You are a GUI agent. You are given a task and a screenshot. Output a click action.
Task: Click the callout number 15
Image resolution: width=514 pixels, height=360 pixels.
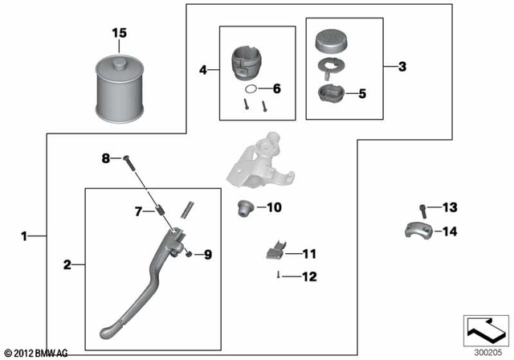coord(119,33)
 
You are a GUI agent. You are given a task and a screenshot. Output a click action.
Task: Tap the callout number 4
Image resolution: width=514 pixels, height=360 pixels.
coord(203,71)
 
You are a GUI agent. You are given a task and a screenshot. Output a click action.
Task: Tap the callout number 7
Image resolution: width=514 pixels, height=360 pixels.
coord(138,211)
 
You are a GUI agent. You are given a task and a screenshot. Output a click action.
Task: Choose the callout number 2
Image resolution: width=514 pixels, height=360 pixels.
coord(67,264)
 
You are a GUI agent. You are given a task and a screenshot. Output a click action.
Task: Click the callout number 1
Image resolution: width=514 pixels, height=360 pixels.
coord(24,236)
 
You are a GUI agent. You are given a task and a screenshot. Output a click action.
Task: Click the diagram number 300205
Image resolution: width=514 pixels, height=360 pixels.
coord(485,351)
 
